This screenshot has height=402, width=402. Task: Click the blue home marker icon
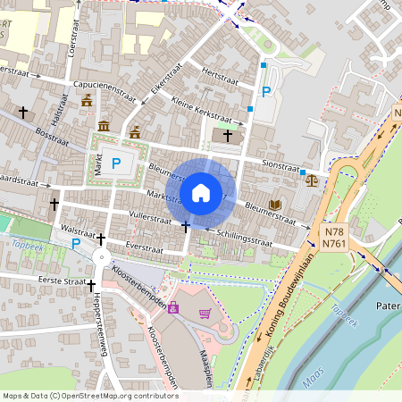click(201, 192)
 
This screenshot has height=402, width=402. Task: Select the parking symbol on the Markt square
click(116, 163)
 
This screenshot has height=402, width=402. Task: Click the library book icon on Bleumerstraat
click(275, 205)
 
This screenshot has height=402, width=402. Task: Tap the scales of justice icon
click(311, 180)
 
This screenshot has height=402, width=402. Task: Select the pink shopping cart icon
click(205, 313)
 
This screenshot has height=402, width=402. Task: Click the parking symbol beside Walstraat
click(76, 243)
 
